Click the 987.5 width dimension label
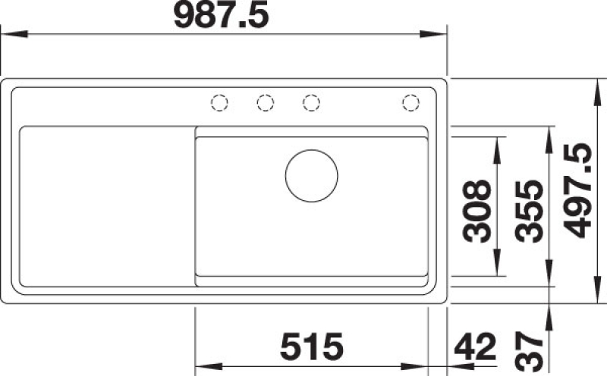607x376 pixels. [221, 16]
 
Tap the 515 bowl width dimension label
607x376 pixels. [312, 346]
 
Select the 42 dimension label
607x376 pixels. [475, 346]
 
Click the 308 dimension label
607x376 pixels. [477, 211]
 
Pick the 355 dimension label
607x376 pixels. [530, 211]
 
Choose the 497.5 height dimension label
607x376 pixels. [577, 191]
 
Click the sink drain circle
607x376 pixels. [312, 176]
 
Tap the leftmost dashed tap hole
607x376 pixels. [219, 103]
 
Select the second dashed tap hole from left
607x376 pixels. [266, 103]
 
